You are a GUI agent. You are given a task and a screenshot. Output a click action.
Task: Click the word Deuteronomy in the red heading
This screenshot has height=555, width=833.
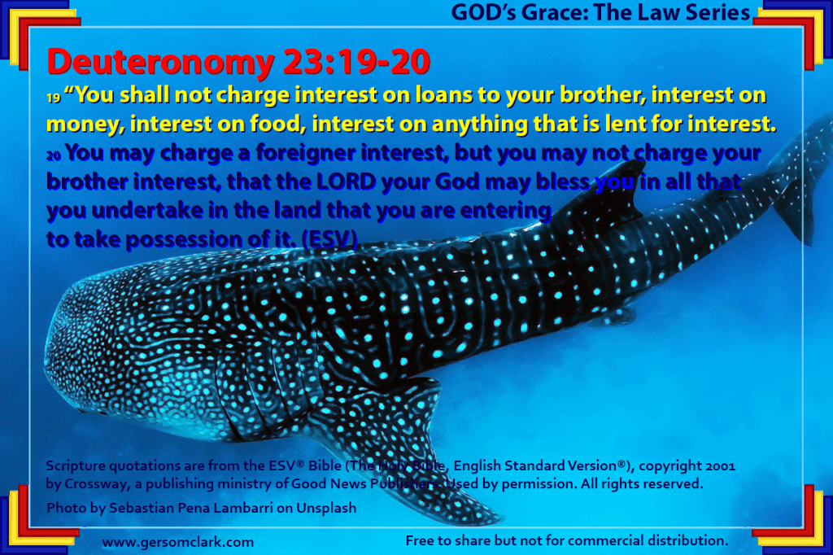coord(160,63)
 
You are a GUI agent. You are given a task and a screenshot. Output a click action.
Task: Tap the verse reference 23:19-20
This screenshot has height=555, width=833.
coord(356,62)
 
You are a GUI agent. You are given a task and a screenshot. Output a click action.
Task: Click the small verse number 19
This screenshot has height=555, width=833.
coord(53,98)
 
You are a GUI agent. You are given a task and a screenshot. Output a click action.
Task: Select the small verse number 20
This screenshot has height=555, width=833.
coord(54,155)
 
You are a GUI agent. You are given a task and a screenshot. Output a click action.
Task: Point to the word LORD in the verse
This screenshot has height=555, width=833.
coord(347,181)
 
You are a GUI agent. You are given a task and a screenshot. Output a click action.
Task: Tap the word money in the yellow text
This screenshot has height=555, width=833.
coord(85,125)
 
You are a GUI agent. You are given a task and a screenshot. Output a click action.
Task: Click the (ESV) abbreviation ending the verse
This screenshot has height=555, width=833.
coord(329,239)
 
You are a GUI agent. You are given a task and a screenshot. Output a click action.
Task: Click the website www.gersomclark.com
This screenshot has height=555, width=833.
coord(178,542)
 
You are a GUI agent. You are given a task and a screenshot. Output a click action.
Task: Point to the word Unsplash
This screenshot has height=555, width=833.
coord(326,509)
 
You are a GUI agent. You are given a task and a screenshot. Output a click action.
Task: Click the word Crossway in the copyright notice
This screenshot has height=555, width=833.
coord(96,484)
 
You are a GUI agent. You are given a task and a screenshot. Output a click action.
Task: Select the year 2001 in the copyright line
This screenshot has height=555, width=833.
coord(721,466)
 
